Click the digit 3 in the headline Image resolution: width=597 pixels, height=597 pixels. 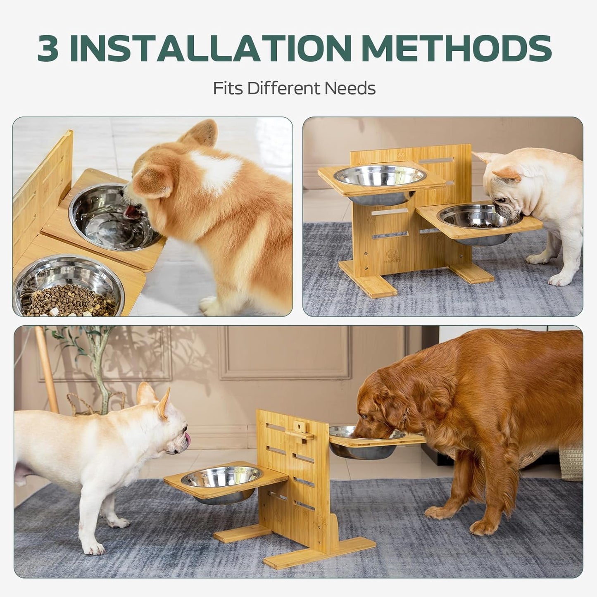(x=48, y=48)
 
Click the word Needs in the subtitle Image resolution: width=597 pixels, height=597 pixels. (x=350, y=88)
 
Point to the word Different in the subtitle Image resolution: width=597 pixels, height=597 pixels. (x=284, y=88)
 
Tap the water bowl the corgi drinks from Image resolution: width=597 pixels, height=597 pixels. (x=114, y=217)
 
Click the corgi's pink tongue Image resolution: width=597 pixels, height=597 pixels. (x=131, y=212)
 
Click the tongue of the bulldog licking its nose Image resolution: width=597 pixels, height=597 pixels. (x=188, y=438)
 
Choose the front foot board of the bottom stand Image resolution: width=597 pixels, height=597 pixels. (x=319, y=552)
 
